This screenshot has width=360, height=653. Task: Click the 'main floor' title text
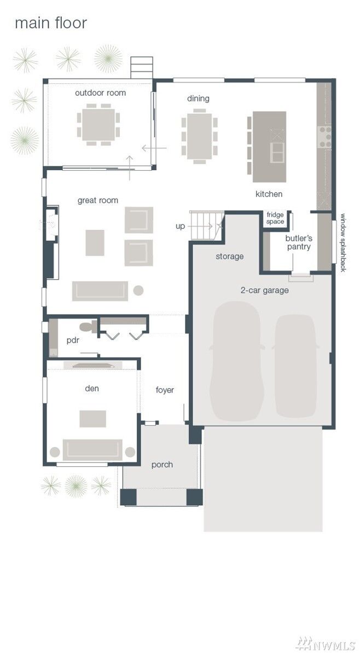pyautogui.click(x=51, y=23)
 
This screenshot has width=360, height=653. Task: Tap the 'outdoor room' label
pyautogui.click(x=100, y=93)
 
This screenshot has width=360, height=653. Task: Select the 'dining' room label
pyautogui.click(x=198, y=99)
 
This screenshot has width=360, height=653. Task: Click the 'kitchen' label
pyautogui.click(x=269, y=194)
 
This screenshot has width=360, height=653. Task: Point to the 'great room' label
pyautogui.click(x=98, y=200)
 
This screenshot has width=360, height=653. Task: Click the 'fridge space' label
pyautogui.click(x=276, y=218)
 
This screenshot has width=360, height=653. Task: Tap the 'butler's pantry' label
pyautogui.click(x=299, y=242)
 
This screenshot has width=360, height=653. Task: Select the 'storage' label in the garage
pyautogui.click(x=229, y=256)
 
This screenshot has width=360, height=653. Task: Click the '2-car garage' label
pyautogui.click(x=265, y=290)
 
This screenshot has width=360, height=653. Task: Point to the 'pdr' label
pyautogui.click(x=73, y=340)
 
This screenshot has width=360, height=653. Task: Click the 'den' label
pyautogui.click(x=92, y=388)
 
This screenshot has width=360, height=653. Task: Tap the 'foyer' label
pyautogui.click(x=165, y=390)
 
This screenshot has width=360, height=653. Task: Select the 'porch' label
pyautogui.click(x=162, y=464)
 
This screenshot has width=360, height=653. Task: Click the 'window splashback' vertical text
pyautogui.click(x=344, y=243)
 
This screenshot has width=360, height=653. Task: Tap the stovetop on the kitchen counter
pyautogui.click(x=325, y=137)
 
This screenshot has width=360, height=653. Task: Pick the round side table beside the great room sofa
pyautogui.click(x=138, y=290)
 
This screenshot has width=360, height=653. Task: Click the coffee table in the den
pyautogui.click(x=93, y=419)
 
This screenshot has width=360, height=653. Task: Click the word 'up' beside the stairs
pyautogui.click(x=181, y=227)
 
